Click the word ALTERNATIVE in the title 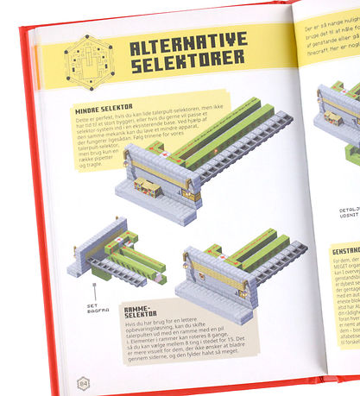click(x=188, y=41)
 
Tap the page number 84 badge click(x=83, y=382)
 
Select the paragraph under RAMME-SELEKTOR click(x=199, y=349)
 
